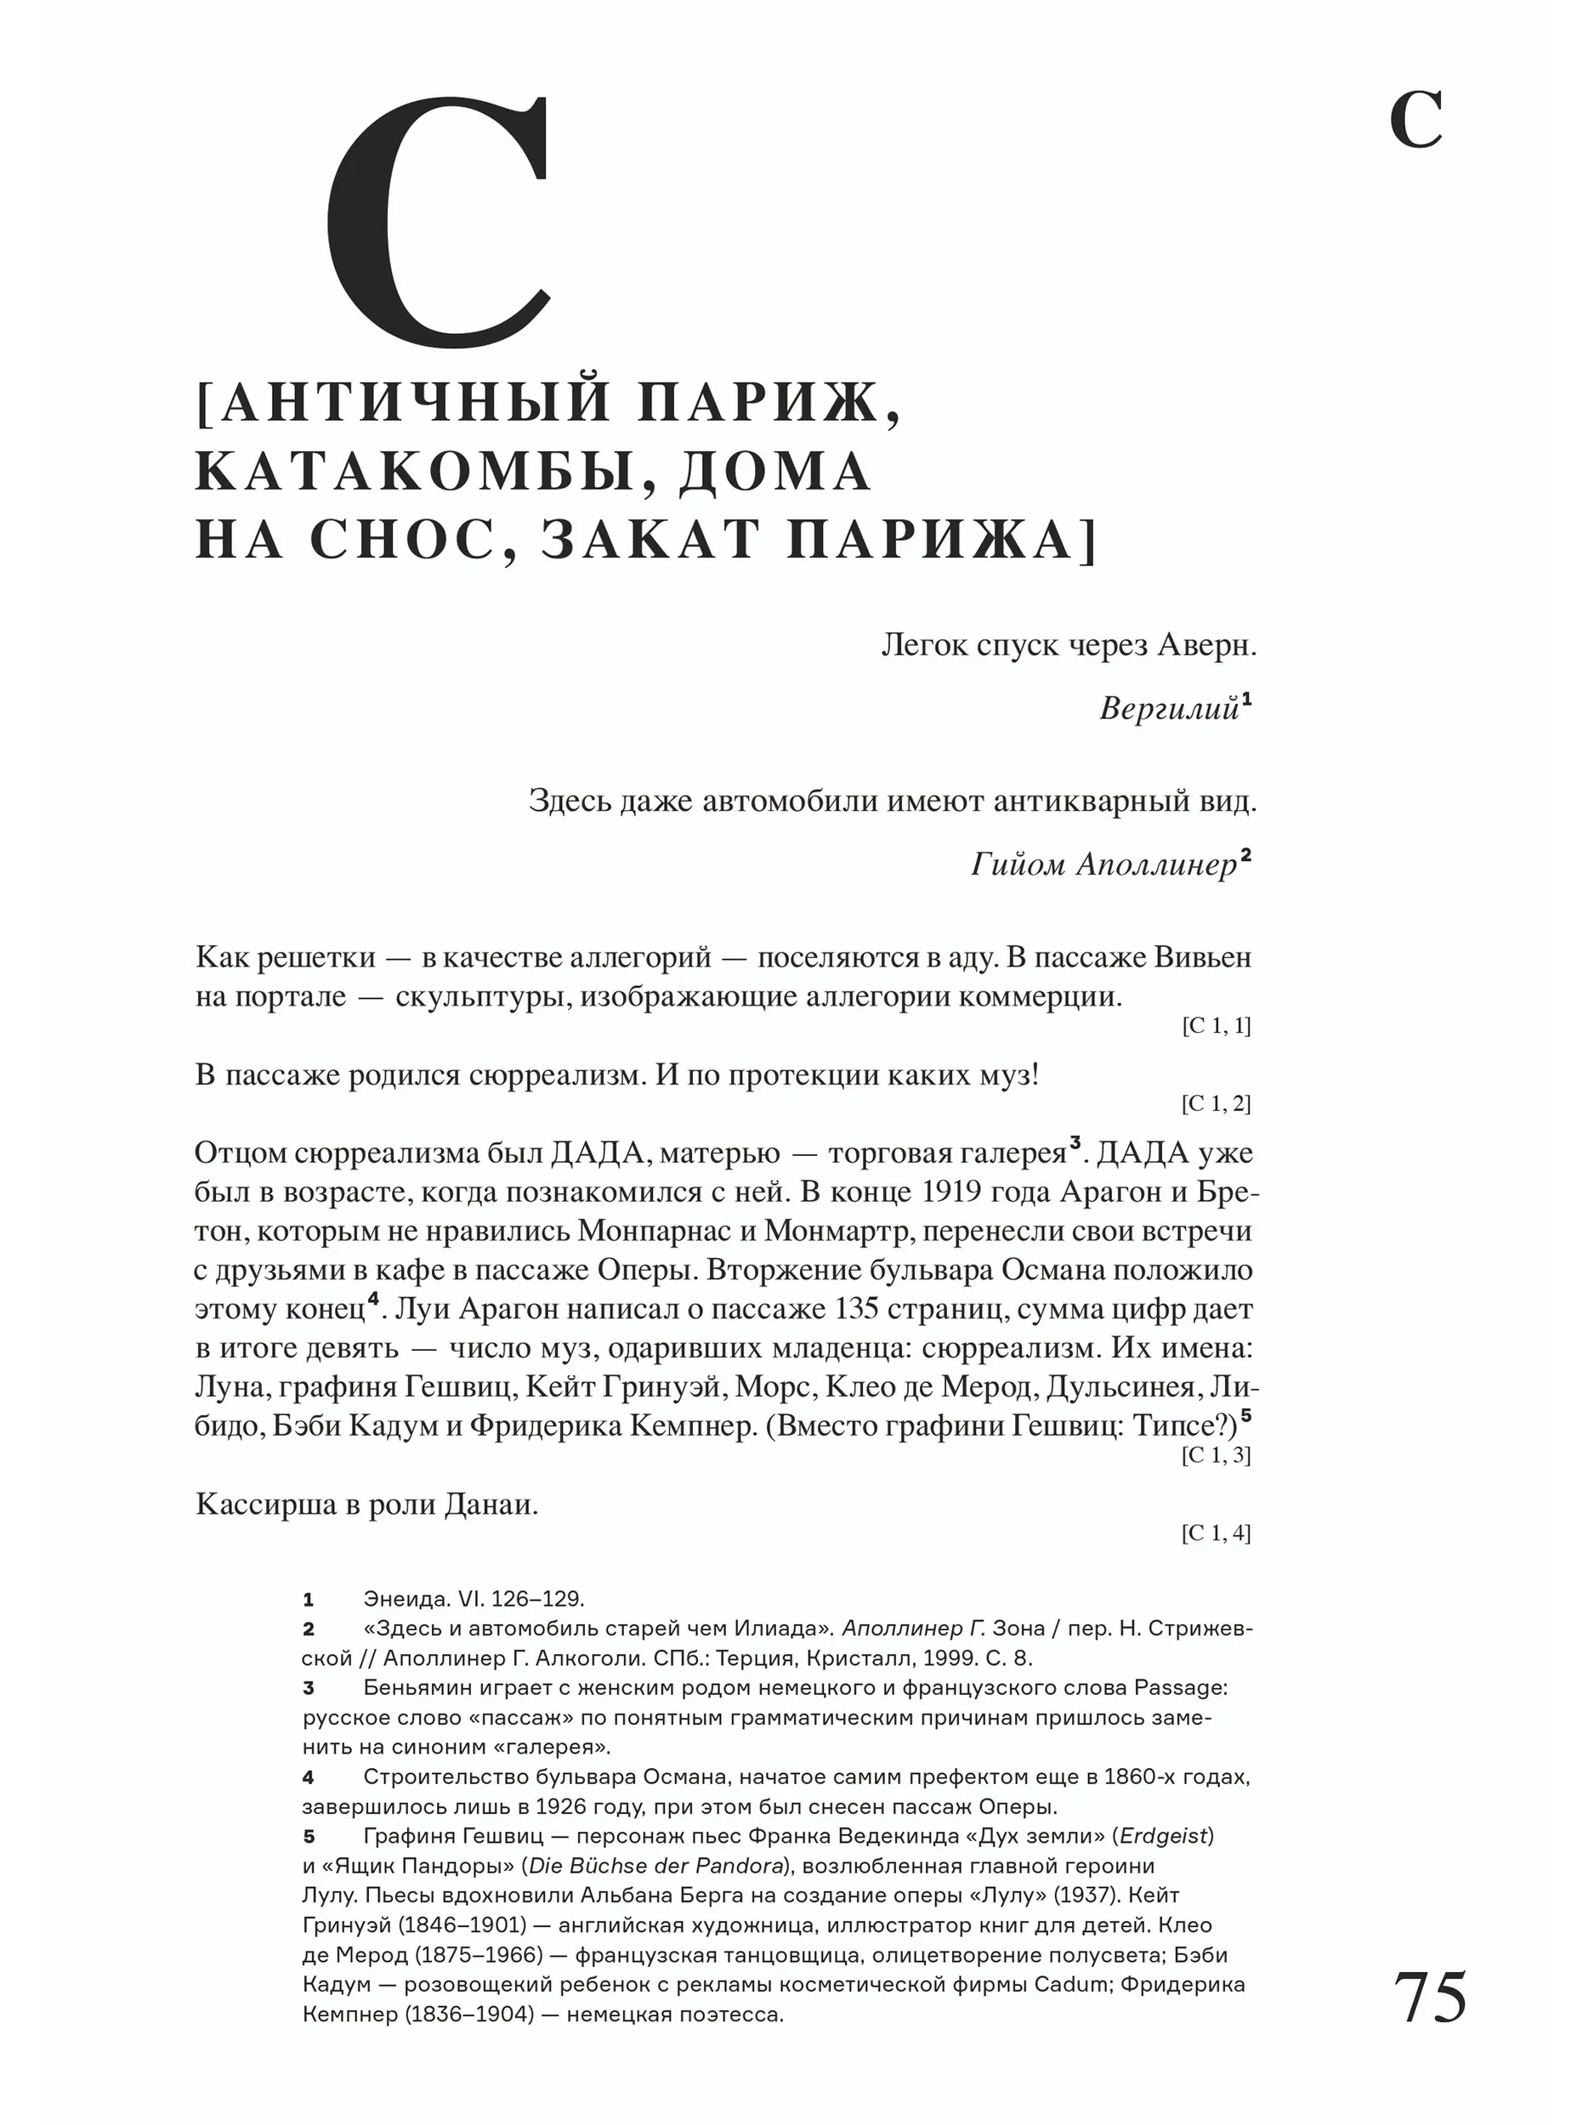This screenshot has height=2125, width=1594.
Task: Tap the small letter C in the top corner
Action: (1415, 121)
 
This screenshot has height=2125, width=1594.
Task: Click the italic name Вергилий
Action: (1168, 709)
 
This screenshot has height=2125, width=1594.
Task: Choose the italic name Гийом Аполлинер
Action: (1103, 864)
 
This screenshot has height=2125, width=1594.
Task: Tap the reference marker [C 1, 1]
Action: (1216, 1026)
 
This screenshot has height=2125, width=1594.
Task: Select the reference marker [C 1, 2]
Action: (1216, 1104)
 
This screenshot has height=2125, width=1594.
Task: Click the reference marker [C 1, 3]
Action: (1216, 1455)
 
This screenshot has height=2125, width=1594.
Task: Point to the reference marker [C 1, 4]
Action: (1216, 1533)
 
